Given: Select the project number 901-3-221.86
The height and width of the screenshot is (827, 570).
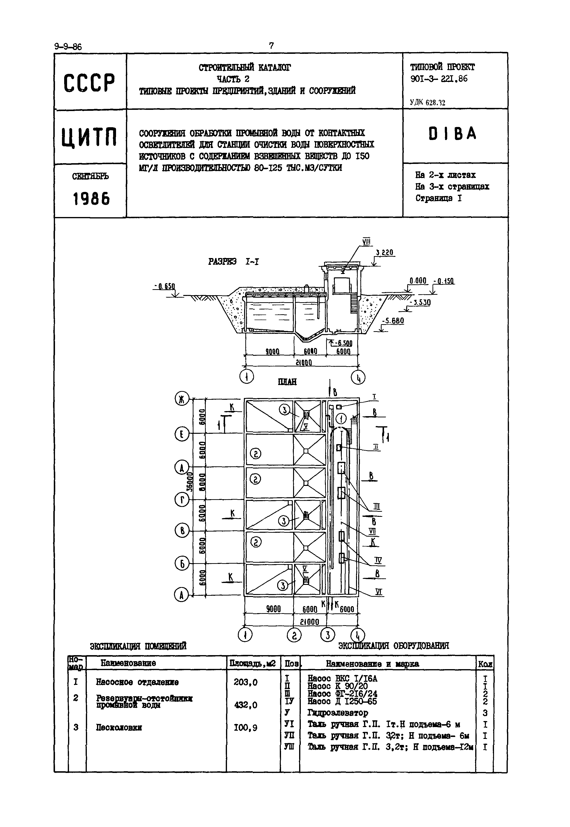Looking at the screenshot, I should (x=439, y=79).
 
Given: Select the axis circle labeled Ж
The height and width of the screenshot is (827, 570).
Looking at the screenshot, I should (x=182, y=399).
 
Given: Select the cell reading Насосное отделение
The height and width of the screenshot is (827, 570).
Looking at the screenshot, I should (x=137, y=682).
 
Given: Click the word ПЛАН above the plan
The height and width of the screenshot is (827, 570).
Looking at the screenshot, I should (x=287, y=382).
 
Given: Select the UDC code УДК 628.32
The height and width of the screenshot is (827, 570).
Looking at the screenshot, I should (x=427, y=103).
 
